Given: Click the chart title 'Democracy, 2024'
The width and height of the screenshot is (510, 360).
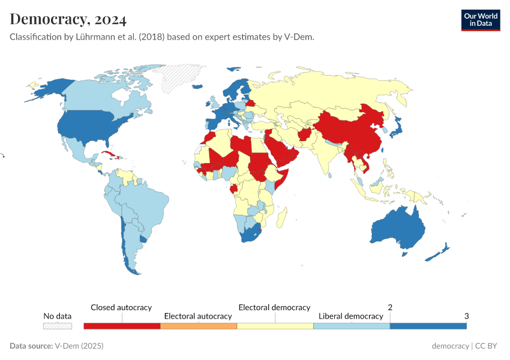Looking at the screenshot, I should point(68,19).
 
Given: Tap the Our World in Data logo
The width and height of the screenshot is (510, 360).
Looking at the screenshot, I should point(480,20).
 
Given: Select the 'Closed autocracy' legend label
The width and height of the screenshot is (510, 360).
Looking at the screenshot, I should point(121,307).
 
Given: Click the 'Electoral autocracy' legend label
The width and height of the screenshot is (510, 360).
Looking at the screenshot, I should point(198,316).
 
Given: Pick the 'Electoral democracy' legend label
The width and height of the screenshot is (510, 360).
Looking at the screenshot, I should point(274,307).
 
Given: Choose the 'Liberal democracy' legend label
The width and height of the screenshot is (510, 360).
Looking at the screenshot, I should point(350,316).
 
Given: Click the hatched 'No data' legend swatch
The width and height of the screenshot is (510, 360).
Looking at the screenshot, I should point(58,326).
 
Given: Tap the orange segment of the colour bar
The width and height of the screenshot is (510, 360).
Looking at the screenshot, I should point(199,326).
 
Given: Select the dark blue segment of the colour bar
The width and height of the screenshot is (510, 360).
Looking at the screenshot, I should point(428,326).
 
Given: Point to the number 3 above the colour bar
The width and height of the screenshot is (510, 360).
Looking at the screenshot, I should point(466,316).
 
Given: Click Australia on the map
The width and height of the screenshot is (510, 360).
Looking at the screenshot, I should point(397,229).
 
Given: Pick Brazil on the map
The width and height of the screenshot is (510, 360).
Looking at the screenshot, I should point(146,204).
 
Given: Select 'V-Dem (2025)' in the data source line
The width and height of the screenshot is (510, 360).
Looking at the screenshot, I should point(79,346).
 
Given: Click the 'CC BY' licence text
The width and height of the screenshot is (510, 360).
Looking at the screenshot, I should point(488,346).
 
